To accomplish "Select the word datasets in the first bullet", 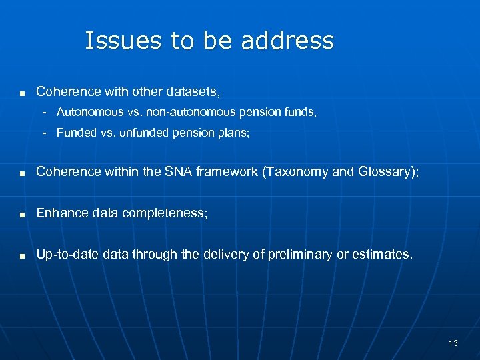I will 191,91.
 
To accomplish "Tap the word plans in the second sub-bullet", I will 233,133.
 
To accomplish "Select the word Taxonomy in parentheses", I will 296,171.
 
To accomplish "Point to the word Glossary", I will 387,171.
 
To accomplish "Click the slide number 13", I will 453,343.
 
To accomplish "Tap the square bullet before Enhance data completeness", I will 23,215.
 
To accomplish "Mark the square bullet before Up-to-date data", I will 23,255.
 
